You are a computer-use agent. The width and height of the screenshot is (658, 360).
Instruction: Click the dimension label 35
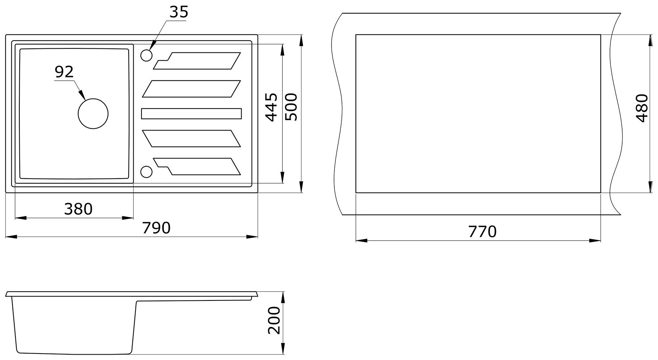(178, 12)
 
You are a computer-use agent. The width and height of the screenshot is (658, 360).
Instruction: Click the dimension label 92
(64, 72)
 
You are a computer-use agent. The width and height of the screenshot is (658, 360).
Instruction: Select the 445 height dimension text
(271, 107)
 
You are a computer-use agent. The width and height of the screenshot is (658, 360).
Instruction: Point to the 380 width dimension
(78, 209)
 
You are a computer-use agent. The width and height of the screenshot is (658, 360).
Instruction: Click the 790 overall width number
(156, 228)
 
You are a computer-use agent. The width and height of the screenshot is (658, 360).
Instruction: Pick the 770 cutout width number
(482, 232)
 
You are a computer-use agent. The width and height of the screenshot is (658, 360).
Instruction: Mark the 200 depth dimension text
(274, 320)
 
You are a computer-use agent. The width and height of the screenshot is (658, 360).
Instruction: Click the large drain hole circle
(93, 114)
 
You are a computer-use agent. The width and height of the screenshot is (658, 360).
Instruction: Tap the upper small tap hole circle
(146, 55)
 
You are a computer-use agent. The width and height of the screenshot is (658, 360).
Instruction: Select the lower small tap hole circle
(146, 172)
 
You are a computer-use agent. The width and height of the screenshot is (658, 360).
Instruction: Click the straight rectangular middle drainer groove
(191, 113)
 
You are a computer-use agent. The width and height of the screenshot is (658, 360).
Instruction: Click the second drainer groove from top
(191, 89)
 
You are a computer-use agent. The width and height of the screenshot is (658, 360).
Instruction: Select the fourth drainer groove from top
(191, 138)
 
